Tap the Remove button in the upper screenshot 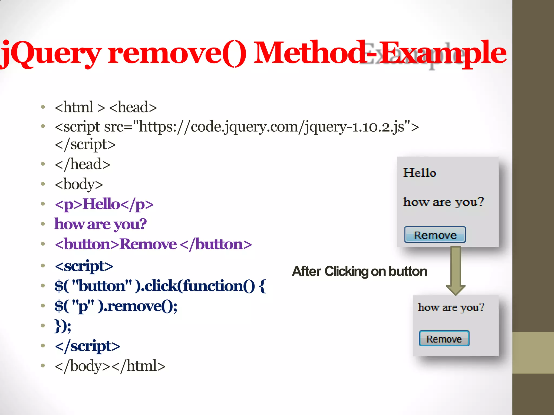pos(435,235)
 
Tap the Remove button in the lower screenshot pos(444,339)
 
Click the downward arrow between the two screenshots pos(456,270)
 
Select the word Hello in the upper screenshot pos(420,173)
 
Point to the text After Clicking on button pos(360,271)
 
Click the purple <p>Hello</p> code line pos(104,204)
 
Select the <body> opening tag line pos(79,184)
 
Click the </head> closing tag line pos(83,164)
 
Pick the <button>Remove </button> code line pos(153,244)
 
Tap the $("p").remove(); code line pos(116,306)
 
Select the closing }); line pos(63,326)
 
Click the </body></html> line pos(110,366)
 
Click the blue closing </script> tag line pos(87,346)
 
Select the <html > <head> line pos(105,107)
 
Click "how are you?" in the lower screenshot pos(451,307)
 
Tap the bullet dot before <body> pos(43,184)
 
